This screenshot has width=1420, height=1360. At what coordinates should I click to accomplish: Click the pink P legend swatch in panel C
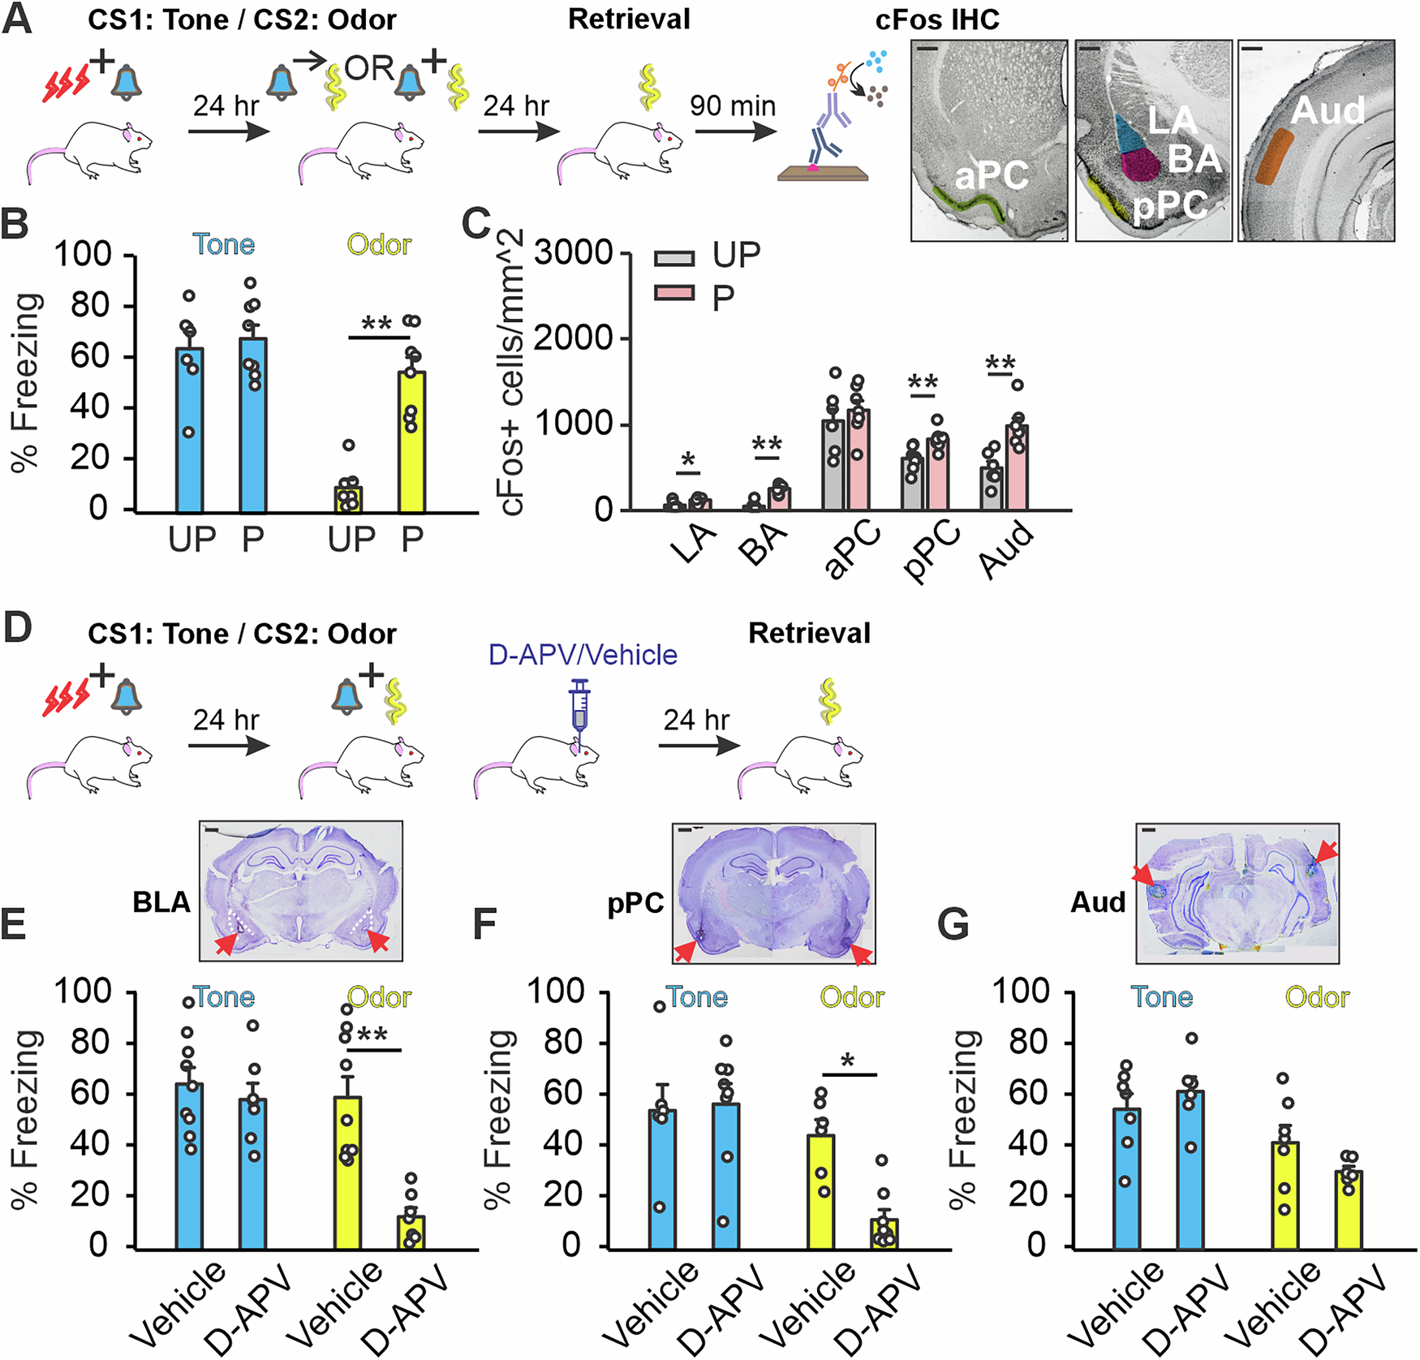pos(674,293)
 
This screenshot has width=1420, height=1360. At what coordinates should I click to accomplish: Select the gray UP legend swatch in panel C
pos(674,258)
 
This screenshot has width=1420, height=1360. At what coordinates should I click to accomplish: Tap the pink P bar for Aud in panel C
pos(1016,468)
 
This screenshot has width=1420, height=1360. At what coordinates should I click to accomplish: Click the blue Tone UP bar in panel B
pos(189,431)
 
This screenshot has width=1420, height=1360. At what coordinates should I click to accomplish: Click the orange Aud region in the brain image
pos(1275,155)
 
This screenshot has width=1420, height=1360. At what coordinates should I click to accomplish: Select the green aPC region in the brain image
pos(970,204)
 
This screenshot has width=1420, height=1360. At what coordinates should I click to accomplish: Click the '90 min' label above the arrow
pos(733,105)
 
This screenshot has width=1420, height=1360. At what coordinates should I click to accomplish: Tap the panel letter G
pos(953,923)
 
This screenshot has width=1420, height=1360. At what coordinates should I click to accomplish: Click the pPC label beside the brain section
pos(636,903)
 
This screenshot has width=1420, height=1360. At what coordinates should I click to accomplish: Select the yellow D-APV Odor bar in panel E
pos(411,1232)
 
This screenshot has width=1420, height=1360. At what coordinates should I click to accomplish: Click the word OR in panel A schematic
pos(369,69)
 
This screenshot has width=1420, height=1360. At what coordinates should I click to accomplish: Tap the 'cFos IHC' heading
pos(937,19)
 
